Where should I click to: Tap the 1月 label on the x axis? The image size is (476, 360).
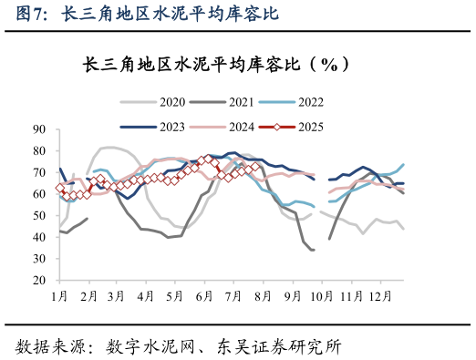[x=59, y=297]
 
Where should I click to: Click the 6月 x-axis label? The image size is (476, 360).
[x=203, y=297]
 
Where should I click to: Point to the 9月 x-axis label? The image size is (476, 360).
[x=291, y=297]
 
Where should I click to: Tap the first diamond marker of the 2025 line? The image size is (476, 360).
[x=60, y=189]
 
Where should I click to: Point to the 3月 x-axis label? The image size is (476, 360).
[x=117, y=297]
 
